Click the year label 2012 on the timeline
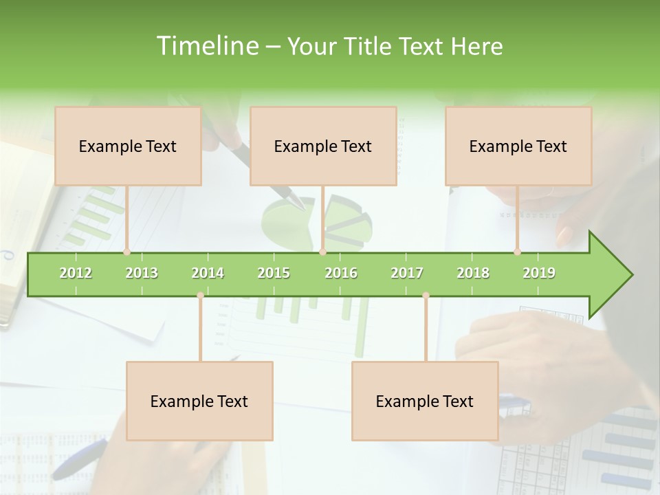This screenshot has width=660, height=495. (76, 273)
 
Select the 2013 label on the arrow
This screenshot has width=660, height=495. (142, 273)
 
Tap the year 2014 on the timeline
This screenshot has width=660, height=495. (208, 273)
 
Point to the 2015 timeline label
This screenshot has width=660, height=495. (274, 273)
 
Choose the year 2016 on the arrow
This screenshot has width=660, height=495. (341, 273)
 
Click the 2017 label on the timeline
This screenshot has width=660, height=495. (407, 273)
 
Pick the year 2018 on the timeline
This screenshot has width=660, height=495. (473, 273)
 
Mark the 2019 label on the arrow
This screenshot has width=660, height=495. (539, 273)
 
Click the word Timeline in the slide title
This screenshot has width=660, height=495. (206, 46)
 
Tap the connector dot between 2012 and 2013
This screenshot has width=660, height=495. (126, 252)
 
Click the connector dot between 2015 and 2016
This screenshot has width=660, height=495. (322, 252)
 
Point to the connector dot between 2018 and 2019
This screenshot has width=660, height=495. (517, 252)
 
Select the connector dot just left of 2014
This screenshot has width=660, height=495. (200, 296)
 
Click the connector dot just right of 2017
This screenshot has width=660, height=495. (426, 296)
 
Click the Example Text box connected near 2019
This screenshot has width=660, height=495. (518, 146)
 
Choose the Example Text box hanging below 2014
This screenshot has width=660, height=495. (199, 401)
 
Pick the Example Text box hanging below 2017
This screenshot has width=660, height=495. (425, 401)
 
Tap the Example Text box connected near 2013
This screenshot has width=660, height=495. (128, 146)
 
